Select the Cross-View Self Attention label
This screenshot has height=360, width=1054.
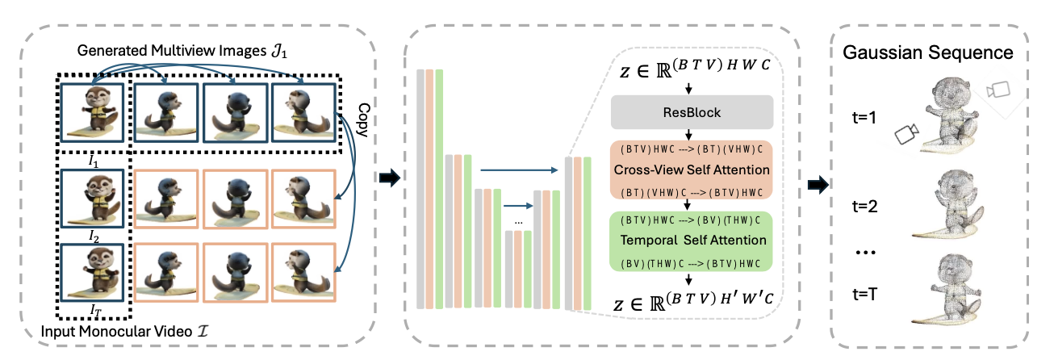[692, 170]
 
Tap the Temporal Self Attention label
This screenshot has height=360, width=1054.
[692, 240]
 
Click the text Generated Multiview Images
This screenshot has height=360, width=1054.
[173, 51]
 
